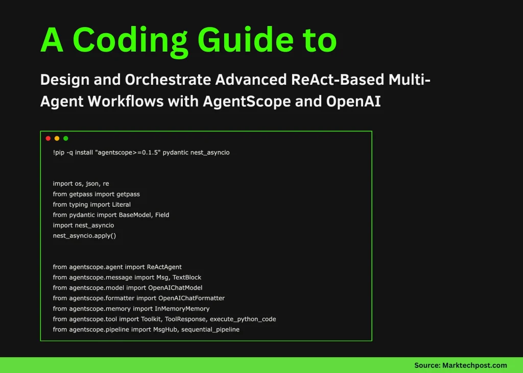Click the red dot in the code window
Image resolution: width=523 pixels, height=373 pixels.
[48, 138]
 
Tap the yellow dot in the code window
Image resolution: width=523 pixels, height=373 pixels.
[57, 138]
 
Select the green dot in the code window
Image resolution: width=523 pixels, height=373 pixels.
[65, 138]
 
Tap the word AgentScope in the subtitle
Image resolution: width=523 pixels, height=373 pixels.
[247, 101]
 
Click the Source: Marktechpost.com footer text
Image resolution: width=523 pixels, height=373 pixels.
[460, 365]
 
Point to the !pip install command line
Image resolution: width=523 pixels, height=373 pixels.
[141, 152]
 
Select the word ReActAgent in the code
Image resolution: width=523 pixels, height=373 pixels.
[160, 267]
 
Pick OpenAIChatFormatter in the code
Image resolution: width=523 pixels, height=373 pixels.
[192, 298]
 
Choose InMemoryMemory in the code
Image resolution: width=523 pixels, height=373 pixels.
[182, 309]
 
